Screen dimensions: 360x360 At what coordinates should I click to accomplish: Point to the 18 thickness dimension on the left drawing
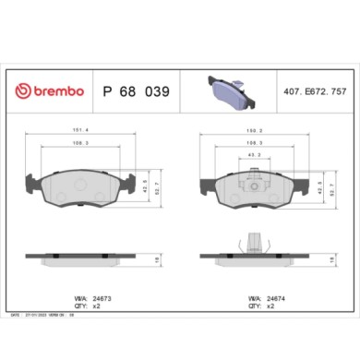[x=156, y=261]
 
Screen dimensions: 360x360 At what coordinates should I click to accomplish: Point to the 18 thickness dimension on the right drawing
[x=328, y=261]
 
